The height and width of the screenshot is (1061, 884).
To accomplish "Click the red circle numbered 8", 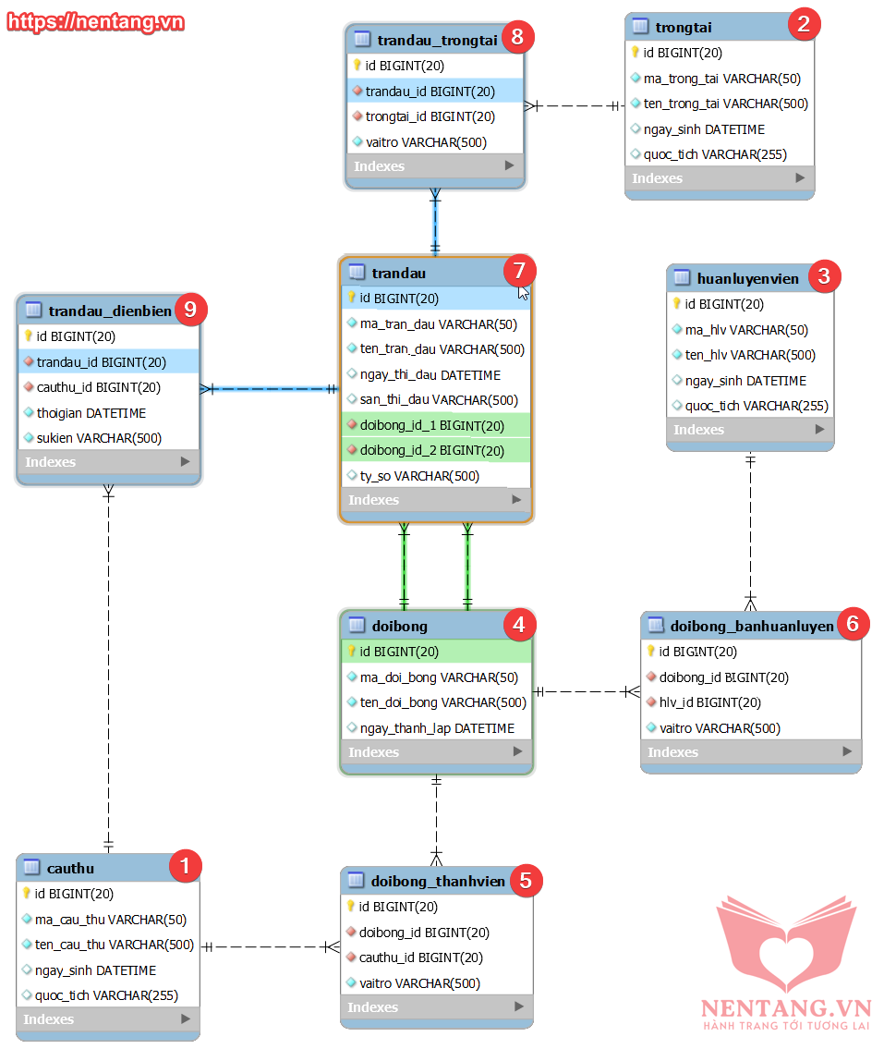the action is click(x=517, y=37).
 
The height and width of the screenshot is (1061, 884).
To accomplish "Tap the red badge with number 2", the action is click(x=804, y=24).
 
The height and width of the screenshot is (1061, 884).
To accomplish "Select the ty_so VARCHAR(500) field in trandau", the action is click(x=419, y=476).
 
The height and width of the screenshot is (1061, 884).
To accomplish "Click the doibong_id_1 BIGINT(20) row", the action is click(x=432, y=426).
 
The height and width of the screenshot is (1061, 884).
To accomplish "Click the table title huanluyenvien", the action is click(x=748, y=279).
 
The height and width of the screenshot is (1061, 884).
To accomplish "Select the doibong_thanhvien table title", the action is click(x=438, y=881).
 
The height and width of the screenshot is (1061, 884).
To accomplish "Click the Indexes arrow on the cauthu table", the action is click(x=186, y=1018).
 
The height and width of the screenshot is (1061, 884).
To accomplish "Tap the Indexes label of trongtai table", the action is click(x=657, y=178).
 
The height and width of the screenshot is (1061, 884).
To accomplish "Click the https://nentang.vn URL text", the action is click(x=95, y=21).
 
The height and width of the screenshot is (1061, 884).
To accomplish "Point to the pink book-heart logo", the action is click(x=786, y=944).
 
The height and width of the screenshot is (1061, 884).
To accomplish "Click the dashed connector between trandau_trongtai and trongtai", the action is click(x=575, y=105).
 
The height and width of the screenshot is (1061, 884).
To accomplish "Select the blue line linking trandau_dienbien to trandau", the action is click(x=269, y=389).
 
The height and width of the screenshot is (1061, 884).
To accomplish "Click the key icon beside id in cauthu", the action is click(x=27, y=893).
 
